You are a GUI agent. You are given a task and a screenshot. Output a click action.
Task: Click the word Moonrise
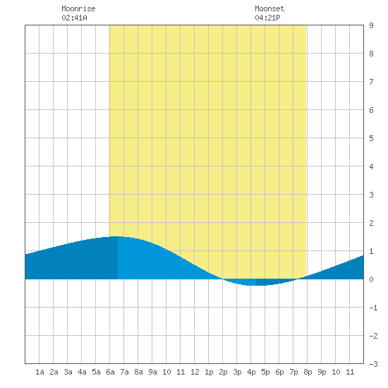pos(78,8)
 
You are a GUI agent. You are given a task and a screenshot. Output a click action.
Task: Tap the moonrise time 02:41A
pos(74,18)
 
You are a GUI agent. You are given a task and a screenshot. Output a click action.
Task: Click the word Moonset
pos(269,8)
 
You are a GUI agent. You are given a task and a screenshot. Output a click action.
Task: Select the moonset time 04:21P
pos(267,18)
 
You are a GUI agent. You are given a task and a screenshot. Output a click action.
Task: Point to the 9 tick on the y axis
pos(371,25)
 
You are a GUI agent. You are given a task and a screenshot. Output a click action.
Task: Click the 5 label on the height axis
pos(371,138)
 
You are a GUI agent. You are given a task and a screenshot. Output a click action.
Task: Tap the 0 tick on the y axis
pos(371,279)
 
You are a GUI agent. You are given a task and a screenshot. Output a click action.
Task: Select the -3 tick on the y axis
pos(373,364)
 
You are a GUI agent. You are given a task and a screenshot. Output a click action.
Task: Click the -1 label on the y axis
pos(373,308)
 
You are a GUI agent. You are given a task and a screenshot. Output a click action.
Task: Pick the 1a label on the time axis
pos(40,372)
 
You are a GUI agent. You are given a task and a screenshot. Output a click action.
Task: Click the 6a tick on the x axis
pos(110,372)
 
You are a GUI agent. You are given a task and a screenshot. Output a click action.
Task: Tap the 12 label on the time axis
pos(195,372)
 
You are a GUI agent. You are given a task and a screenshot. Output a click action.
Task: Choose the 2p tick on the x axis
pos(223,372)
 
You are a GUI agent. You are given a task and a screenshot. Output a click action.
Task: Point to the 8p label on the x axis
pos(308,372)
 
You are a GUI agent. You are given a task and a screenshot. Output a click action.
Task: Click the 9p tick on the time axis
pos(322,372)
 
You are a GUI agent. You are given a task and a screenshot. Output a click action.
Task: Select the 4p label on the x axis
pos(251,372)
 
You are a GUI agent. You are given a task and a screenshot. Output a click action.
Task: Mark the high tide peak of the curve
pos(116,236)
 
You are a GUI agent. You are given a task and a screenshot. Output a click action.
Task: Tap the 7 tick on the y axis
pos(371,82)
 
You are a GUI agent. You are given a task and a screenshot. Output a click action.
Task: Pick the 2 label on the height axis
pos(371,223)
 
